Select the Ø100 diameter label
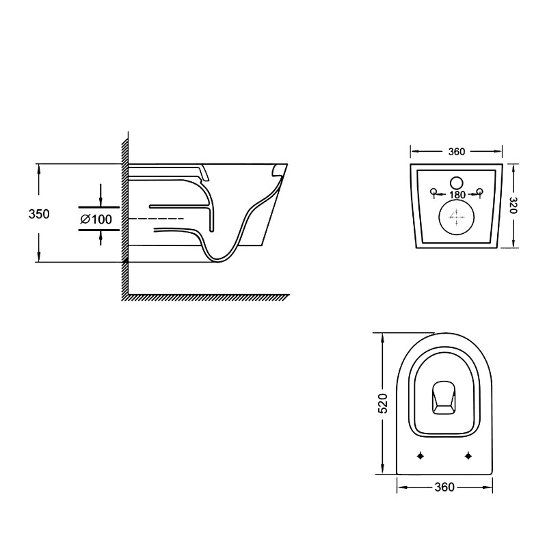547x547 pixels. point(96,219)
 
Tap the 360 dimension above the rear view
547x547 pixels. point(457,152)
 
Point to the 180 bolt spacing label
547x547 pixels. point(457,195)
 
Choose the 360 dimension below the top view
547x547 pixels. point(444,488)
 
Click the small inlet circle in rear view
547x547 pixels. point(457,183)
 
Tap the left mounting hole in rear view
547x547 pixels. point(433,191)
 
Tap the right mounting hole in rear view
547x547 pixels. point(479,191)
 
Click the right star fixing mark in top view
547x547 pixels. point(468,455)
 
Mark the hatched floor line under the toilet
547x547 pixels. point(205,297)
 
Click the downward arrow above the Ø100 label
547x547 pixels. point(101,198)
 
